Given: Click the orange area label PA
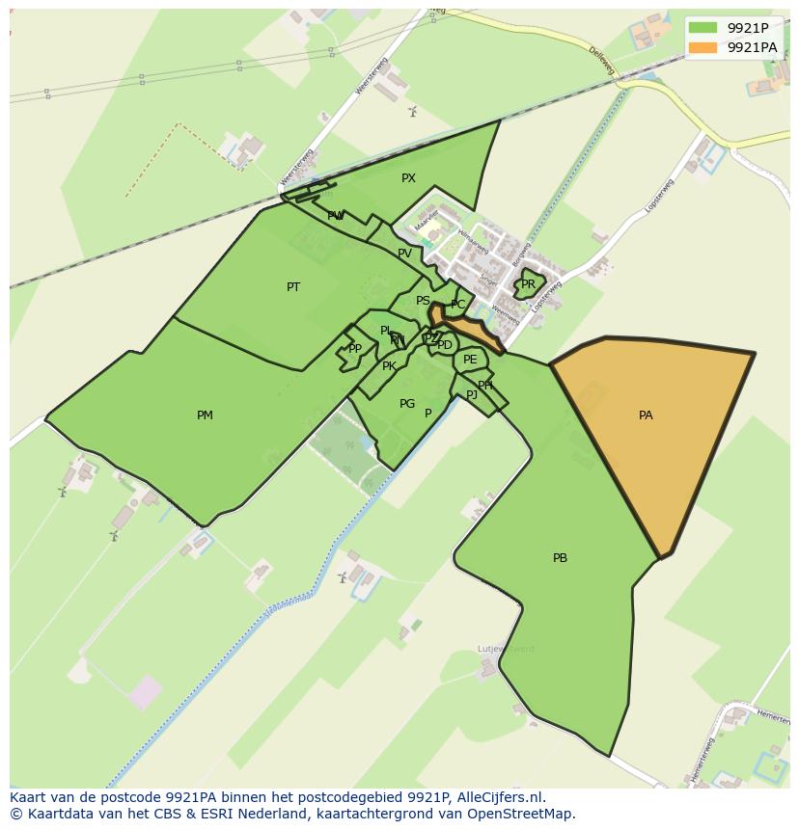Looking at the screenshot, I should pyautogui.click(x=646, y=415).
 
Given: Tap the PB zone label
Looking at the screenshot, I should pyautogui.click(x=560, y=558).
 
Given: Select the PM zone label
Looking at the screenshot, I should pyautogui.click(x=205, y=415).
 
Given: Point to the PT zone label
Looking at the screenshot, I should pyautogui.click(x=293, y=287).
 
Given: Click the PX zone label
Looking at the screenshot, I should pyautogui.click(x=408, y=178).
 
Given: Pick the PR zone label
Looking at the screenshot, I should pyautogui.click(x=528, y=284).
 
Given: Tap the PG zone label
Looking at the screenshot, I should pyautogui.click(x=407, y=404).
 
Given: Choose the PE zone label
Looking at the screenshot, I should pyautogui.click(x=470, y=360).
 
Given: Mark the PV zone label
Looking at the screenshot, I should pyautogui.click(x=404, y=254).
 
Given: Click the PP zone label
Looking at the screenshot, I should pyautogui.click(x=355, y=349).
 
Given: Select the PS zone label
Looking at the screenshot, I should pyautogui.click(x=423, y=301).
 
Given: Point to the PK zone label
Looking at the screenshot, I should pyautogui.click(x=389, y=366).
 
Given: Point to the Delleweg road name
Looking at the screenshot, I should pyautogui.click(x=601, y=60).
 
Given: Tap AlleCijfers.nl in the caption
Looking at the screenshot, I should pyautogui.click(x=502, y=797).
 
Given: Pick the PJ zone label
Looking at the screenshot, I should pyautogui.click(x=472, y=395).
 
